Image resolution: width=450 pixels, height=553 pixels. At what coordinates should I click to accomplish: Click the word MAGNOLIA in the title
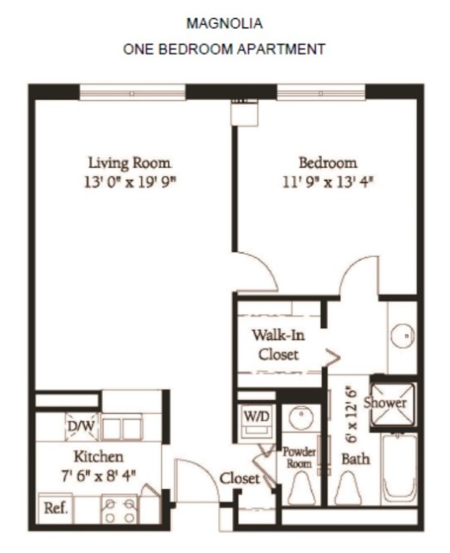(224, 24)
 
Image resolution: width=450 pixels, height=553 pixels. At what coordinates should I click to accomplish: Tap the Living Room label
(129, 163)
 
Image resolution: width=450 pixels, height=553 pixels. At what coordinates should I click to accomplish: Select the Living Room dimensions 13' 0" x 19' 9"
(130, 183)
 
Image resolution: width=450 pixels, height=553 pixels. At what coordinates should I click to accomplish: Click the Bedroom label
(328, 163)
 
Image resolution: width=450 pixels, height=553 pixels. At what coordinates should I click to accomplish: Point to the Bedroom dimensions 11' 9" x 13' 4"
(328, 183)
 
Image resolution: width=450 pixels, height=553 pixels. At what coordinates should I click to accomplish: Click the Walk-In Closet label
(278, 345)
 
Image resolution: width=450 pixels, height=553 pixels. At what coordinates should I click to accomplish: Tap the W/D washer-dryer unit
(257, 422)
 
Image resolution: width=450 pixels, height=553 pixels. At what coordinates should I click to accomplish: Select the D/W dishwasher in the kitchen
(81, 427)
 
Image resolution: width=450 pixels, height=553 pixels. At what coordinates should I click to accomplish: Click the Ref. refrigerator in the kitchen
(55, 508)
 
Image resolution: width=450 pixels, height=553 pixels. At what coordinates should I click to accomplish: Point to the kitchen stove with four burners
(119, 510)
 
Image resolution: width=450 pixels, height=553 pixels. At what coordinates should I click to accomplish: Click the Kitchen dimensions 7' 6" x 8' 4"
(99, 476)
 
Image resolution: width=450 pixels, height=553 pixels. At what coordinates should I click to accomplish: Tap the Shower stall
(393, 403)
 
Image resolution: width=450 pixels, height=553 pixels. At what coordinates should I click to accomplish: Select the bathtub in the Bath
(399, 469)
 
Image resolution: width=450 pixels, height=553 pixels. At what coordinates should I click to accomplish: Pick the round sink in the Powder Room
(301, 417)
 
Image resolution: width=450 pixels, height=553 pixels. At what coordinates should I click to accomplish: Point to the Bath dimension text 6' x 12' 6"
(351, 417)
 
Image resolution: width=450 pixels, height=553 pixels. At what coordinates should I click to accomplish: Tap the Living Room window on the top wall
(133, 93)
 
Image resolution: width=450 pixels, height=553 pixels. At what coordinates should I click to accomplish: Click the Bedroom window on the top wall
(321, 93)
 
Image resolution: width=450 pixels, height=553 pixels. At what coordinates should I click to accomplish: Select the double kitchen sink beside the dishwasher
(122, 428)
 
